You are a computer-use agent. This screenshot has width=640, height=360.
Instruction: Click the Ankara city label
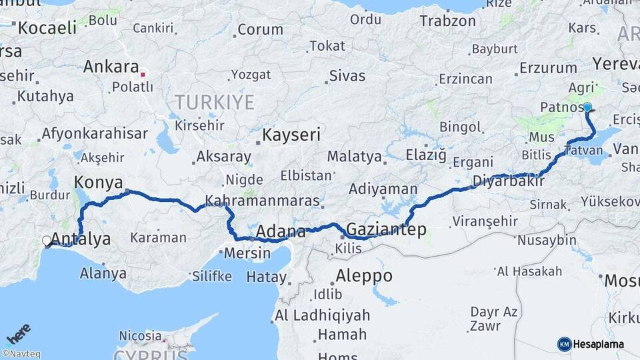click(111, 67)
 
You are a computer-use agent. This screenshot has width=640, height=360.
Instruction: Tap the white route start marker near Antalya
click(47, 241)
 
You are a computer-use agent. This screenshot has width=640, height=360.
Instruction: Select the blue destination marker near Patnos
click(587, 107)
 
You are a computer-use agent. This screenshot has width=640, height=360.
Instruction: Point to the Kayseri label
click(291, 135)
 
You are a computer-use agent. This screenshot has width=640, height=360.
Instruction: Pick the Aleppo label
click(363, 275)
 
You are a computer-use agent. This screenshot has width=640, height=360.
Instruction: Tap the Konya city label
click(99, 182)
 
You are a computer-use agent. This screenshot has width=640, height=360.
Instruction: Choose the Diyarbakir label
click(504, 181)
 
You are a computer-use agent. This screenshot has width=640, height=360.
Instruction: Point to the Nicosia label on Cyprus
click(140, 335)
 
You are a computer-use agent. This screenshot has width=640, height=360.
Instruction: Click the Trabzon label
click(448, 21)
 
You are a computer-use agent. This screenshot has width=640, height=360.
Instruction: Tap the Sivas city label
click(347, 76)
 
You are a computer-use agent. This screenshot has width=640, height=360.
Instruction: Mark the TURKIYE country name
click(215, 102)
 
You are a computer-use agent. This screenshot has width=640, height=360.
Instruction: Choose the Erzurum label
click(548, 68)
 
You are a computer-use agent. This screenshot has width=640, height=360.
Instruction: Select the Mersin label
click(247, 254)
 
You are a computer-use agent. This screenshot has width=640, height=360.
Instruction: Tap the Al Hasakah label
click(529, 271)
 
